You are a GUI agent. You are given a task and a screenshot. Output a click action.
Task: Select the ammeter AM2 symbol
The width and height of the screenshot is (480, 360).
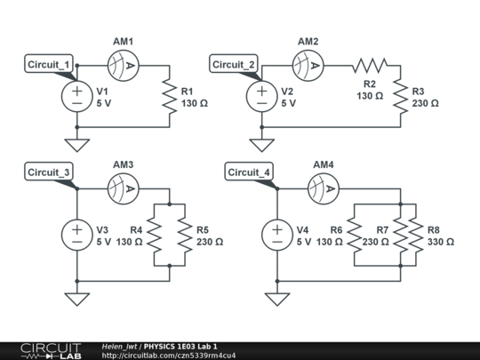(308, 64)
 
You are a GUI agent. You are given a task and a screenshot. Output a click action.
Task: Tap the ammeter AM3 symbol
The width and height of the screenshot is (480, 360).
(123, 188)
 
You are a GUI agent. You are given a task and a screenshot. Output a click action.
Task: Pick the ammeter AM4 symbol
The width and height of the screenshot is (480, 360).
(323, 188)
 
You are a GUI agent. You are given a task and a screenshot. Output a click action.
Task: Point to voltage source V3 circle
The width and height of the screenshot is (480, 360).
(76, 236)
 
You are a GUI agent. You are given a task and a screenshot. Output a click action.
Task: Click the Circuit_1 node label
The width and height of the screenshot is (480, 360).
(51, 65)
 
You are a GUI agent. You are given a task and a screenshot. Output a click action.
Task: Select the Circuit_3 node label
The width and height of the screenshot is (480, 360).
(51, 172)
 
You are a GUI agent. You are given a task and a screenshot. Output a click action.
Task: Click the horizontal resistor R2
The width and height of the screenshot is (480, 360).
(369, 64)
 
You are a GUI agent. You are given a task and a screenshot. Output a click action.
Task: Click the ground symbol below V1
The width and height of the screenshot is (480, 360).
(76, 143)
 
